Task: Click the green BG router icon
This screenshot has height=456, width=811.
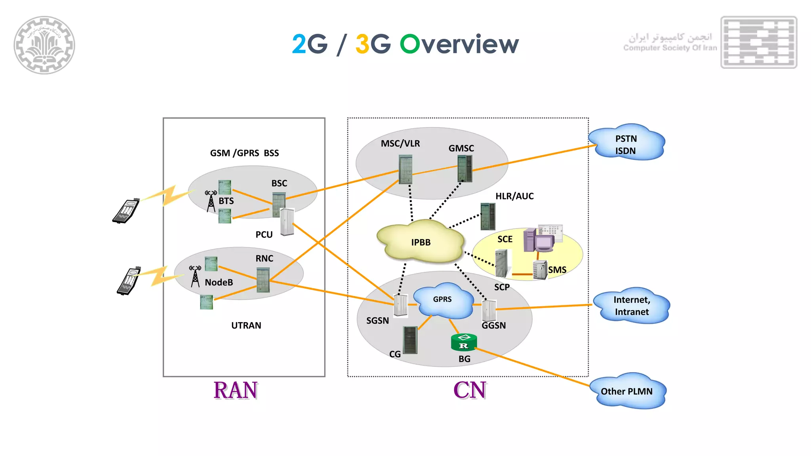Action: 464,342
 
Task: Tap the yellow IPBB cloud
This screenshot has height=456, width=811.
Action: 421,241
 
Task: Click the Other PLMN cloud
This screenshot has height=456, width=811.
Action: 627,391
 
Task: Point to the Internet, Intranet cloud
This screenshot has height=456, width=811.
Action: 632,306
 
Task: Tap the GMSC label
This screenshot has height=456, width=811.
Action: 461,148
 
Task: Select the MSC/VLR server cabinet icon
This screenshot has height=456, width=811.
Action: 405,169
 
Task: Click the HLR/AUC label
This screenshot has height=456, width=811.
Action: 514,196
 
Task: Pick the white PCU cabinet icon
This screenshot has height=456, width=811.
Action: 287,222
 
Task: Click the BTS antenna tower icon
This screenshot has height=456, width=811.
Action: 211,201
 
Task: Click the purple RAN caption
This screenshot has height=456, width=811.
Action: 236,390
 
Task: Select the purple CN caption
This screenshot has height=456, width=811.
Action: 470,390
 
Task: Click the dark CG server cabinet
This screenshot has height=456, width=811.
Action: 410,340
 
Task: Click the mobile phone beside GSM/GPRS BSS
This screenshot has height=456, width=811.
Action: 126,211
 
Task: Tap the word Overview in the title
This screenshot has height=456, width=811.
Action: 459,44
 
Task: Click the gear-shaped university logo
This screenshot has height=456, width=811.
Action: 44,45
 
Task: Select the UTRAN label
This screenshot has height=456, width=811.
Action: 246,325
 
